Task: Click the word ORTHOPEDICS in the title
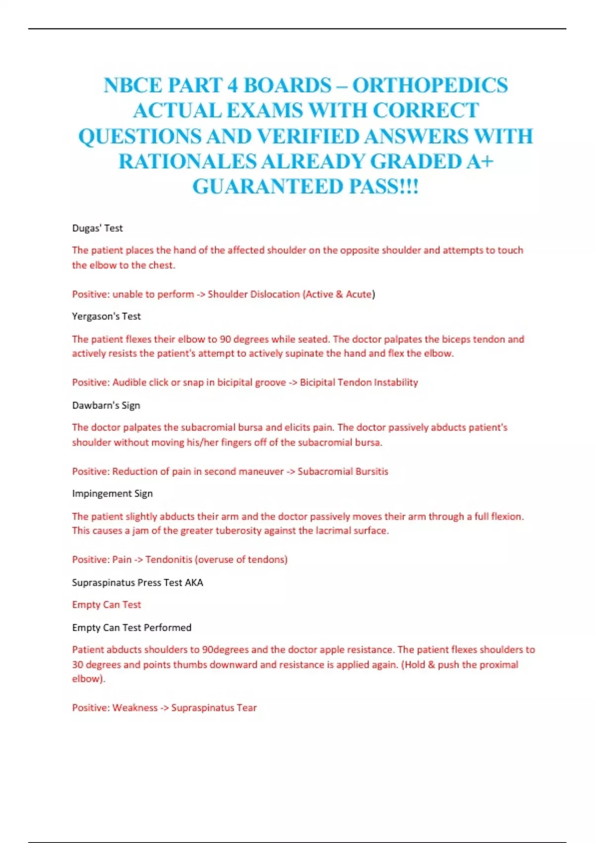(x=430, y=85)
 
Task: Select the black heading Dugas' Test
(x=97, y=228)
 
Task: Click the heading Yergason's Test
(x=106, y=316)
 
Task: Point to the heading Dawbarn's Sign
(x=106, y=405)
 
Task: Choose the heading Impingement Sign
(x=112, y=493)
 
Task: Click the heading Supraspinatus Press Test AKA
(x=137, y=582)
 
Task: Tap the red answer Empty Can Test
(x=106, y=604)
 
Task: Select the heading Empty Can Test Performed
(x=131, y=627)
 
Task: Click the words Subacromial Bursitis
(x=343, y=471)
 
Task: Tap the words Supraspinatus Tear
(x=214, y=708)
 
